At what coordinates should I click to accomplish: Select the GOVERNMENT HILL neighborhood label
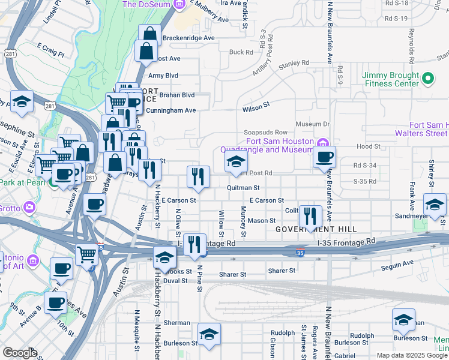[316, 229]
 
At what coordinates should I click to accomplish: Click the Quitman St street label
[243, 188]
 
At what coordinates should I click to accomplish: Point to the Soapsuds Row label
[265, 132]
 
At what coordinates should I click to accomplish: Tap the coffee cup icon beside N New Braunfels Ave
[325, 158]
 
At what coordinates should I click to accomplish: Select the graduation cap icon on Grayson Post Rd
[236, 161]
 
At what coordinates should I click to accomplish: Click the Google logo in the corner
[20, 352]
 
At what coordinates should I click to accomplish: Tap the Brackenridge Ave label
[180, 37]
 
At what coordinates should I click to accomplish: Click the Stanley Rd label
[294, 62]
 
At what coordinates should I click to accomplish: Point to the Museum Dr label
[313, 124]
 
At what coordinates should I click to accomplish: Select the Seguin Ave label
[400, 263]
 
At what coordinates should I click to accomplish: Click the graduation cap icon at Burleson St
[209, 335]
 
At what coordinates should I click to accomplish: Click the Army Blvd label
[163, 76]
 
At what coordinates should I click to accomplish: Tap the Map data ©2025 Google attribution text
[412, 355]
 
